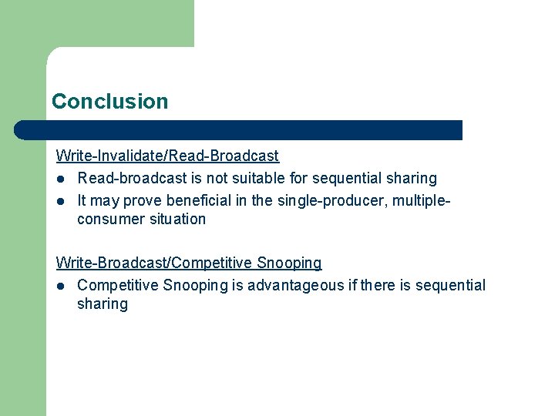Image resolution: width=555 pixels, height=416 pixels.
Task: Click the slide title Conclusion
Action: coord(109,102)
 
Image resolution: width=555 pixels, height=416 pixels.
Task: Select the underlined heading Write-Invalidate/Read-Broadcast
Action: coord(167,156)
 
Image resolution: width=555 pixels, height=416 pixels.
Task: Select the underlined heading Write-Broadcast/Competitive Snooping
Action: coord(189,263)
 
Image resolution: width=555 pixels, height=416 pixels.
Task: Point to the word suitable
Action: coord(246,179)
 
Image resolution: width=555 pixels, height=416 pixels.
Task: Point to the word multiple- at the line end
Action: coord(421,201)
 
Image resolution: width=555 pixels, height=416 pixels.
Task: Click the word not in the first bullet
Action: coord(205,179)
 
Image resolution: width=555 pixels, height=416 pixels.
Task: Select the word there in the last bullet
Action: coord(377,286)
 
